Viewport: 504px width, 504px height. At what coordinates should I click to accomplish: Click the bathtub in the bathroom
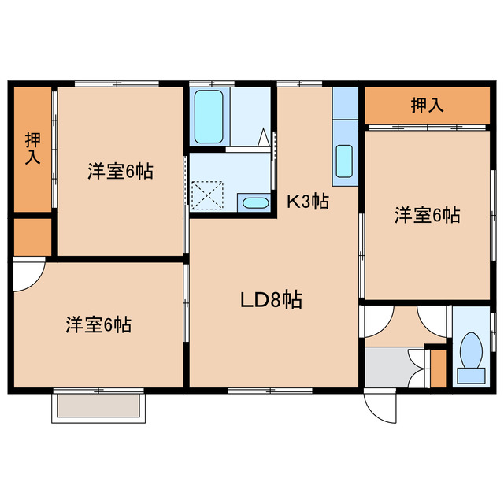pyautogui.click(x=209, y=117)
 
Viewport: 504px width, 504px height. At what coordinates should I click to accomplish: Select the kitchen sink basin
pyautogui.click(x=344, y=161)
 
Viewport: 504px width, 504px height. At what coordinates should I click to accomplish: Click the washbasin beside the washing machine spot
pyautogui.click(x=254, y=203)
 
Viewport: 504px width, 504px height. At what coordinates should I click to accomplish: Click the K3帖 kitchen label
pyautogui.click(x=307, y=202)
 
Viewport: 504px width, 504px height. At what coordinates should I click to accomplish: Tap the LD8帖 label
pyautogui.click(x=271, y=299)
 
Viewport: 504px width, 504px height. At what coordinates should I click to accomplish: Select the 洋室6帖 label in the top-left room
pyautogui.click(x=120, y=170)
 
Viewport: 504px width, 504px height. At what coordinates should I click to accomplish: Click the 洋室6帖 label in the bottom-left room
pyautogui.click(x=98, y=324)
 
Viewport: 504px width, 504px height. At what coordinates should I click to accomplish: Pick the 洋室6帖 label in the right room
pyautogui.click(x=428, y=214)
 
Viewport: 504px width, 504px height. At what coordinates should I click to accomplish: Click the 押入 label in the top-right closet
pyautogui.click(x=426, y=106)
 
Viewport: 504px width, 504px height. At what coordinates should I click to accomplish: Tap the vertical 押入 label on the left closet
pyautogui.click(x=32, y=148)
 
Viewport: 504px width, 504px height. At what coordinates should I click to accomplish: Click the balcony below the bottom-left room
pyautogui.click(x=98, y=406)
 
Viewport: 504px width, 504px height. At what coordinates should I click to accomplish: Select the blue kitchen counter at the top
pyautogui.click(x=344, y=102)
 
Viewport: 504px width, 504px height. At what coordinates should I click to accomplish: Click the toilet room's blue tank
pyautogui.click(x=472, y=375)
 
